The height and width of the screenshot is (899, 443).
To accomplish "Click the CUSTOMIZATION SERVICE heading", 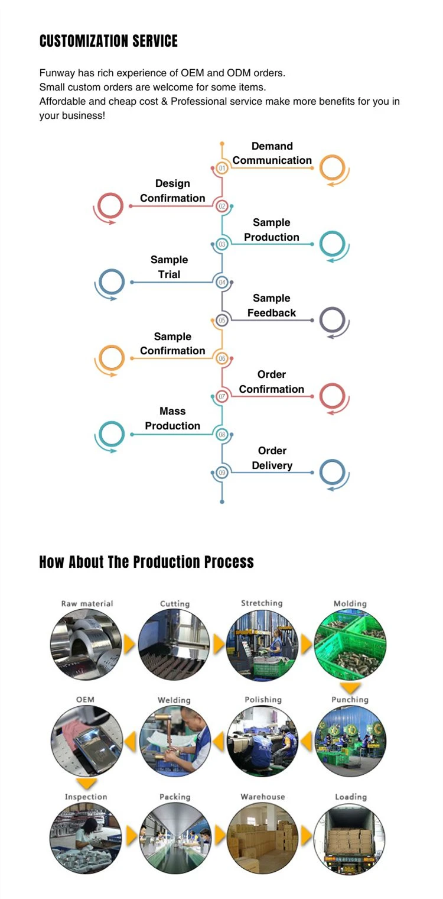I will pyautogui.click(x=108, y=41).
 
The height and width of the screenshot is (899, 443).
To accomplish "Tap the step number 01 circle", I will pyautogui.click(x=222, y=168).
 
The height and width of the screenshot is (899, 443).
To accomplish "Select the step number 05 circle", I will pyautogui.click(x=222, y=321).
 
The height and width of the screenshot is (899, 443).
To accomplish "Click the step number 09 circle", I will pyautogui.click(x=222, y=473).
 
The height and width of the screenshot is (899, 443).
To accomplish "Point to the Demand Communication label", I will pyautogui.click(x=272, y=153).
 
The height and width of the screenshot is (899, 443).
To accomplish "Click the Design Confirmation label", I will pyautogui.click(x=172, y=191).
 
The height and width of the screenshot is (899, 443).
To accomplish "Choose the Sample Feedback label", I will pyautogui.click(x=272, y=306).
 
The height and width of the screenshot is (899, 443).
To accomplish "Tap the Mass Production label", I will pyautogui.click(x=172, y=418).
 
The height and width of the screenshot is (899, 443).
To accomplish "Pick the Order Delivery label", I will pyautogui.click(x=272, y=458).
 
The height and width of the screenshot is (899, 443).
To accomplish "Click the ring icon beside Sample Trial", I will pyautogui.click(x=111, y=282).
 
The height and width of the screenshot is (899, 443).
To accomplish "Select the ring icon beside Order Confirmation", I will pyautogui.click(x=333, y=396).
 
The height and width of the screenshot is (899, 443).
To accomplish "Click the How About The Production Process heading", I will pyautogui.click(x=146, y=562).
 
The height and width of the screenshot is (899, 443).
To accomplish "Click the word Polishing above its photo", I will pyautogui.click(x=263, y=700).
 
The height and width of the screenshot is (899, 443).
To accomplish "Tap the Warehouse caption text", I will pyautogui.click(x=263, y=797).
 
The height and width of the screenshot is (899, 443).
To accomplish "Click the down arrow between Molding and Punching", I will pyautogui.click(x=351, y=688).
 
